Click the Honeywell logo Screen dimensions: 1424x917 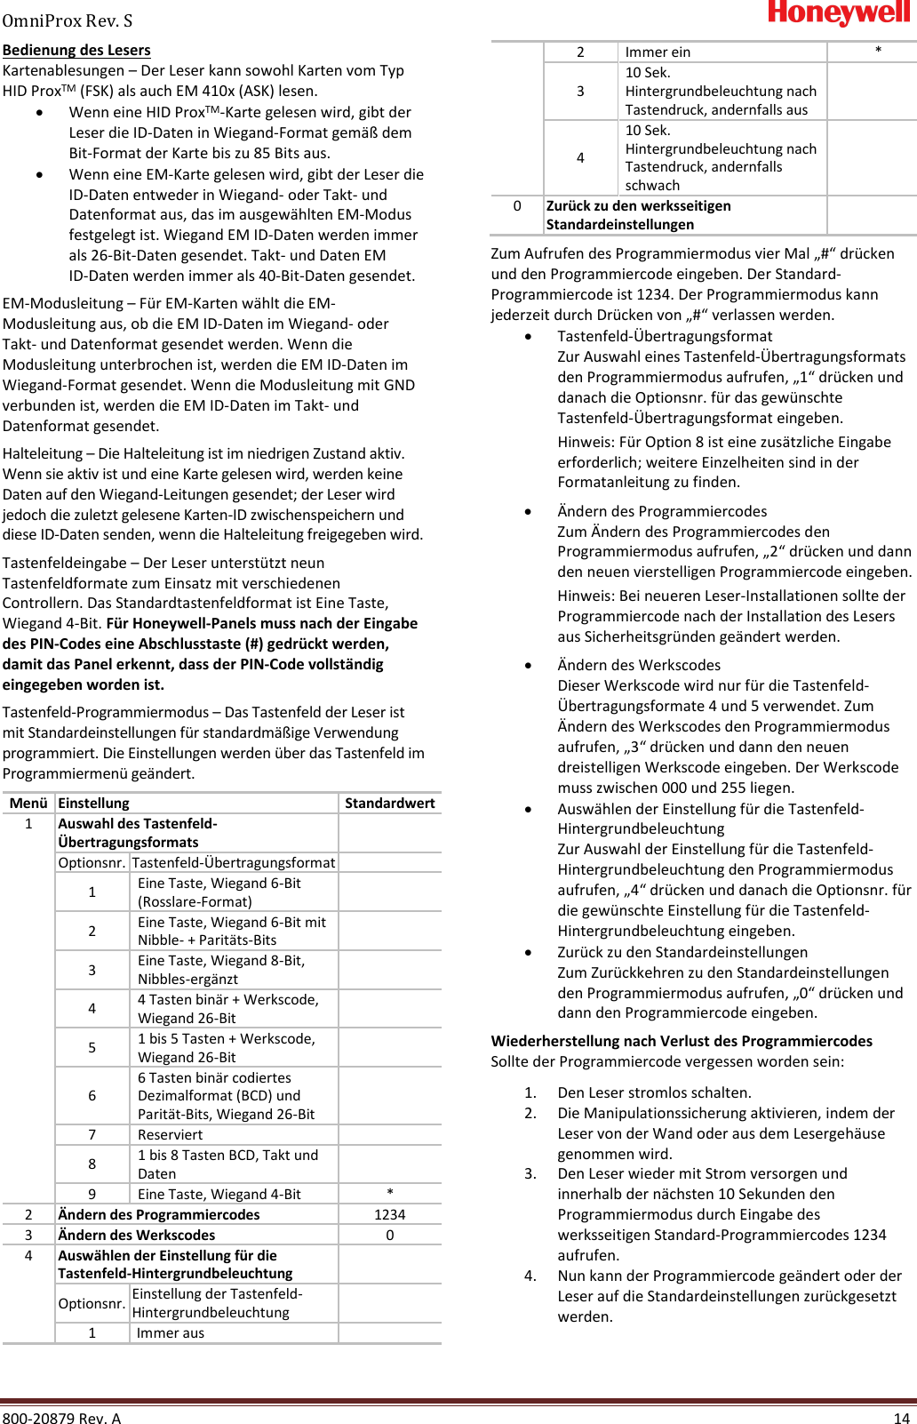(840, 13)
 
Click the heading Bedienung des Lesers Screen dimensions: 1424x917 (76, 50)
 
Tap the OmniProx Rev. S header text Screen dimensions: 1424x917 (68, 20)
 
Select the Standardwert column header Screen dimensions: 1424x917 (389, 803)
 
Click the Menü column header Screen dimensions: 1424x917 (28, 803)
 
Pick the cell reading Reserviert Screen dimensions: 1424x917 (170, 1134)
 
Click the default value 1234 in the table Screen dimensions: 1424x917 (389, 1214)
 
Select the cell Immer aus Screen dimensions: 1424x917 (170, 1332)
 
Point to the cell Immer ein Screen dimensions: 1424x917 (658, 52)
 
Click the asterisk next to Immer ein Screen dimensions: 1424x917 (878, 52)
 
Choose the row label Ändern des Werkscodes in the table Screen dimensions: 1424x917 (136, 1235)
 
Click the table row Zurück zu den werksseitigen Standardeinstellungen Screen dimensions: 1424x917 (638, 215)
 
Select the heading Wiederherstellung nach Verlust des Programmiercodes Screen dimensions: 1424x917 (682, 1041)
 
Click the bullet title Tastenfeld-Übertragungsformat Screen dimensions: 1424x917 (665, 336)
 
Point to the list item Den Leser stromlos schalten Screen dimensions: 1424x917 (654, 1092)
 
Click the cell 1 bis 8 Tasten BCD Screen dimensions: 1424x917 (227, 1164)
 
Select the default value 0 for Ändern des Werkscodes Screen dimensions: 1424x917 (389, 1235)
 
